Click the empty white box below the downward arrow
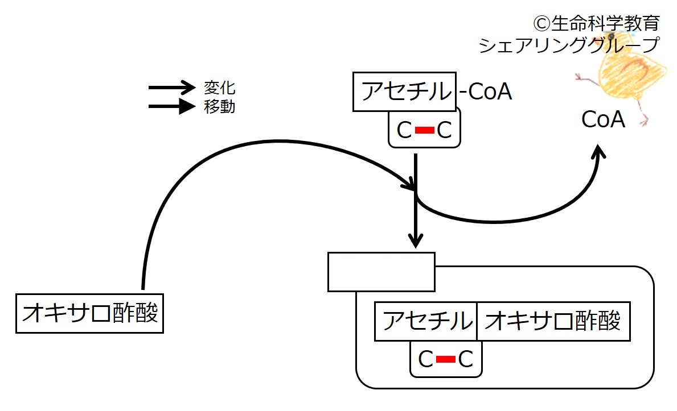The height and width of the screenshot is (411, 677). [x=381, y=272]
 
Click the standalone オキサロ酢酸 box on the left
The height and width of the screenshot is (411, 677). [x=89, y=313]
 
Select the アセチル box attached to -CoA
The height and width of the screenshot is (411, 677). [x=404, y=91]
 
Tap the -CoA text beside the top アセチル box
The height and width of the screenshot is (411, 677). [x=486, y=92]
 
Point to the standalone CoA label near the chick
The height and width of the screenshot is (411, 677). [x=603, y=120]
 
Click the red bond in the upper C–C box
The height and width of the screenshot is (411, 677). [x=424, y=131]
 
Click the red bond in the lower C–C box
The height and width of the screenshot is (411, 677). [x=445, y=359]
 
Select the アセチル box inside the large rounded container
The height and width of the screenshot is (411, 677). [x=425, y=322]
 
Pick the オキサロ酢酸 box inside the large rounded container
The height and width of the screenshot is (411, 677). [x=553, y=322]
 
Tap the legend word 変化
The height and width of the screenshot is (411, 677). [x=219, y=88]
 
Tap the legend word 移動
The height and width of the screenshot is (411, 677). [x=219, y=106]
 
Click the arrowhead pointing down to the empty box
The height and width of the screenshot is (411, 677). [x=416, y=240]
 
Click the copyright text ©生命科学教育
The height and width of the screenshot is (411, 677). [x=596, y=23]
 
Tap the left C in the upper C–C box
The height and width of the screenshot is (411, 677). [x=404, y=131]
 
